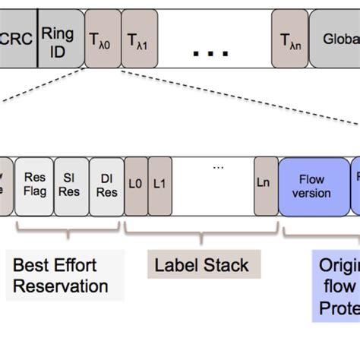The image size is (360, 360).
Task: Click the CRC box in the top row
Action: pyautogui.click(x=17, y=38)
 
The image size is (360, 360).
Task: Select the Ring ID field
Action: pyautogui.click(x=58, y=38)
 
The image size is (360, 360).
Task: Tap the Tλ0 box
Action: pyautogui.click(x=101, y=38)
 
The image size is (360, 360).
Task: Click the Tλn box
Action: pyautogui.click(x=290, y=38)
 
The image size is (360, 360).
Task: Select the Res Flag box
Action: pyautogui.click(x=34, y=186)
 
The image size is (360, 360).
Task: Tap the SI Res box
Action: pyautogui.click(x=71, y=186)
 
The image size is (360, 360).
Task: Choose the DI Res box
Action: pyautogui.click(x=106, y=186)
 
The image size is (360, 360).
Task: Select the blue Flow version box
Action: pyautogui.click(x=312, y=186)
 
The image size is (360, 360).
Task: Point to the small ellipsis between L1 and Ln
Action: pyautogui.click(x=219, y=168)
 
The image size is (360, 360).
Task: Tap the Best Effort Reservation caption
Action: pyautogui.click(x=61, y=276)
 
